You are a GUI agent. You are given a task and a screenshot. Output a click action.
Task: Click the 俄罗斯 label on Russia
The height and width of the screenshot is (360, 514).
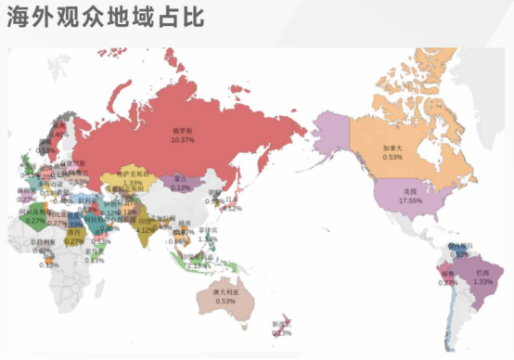pyautogui.click(x=182, y=131)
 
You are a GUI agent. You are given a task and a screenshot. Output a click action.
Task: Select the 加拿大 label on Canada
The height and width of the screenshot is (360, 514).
pyautogui.click(x=392, y=148)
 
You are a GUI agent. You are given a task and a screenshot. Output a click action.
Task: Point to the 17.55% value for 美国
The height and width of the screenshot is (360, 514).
pyautogui.click(x=409, y=200)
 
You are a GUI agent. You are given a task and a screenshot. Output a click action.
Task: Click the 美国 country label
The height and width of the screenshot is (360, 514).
pyautogui.click(x=409, y=191)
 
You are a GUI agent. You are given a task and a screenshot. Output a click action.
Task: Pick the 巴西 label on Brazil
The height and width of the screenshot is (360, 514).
pyautogui.click(x=482, y=273)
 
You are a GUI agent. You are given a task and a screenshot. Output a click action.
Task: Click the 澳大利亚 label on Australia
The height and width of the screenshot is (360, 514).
pyautogui.click(x=225, y=292)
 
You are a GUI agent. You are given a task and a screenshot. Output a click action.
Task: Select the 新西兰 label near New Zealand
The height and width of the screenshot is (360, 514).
pyautogui.click(x=281, y=324)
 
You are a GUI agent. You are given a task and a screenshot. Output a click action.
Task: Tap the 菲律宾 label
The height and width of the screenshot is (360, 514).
pyautogui.click(x=208, y=229)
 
